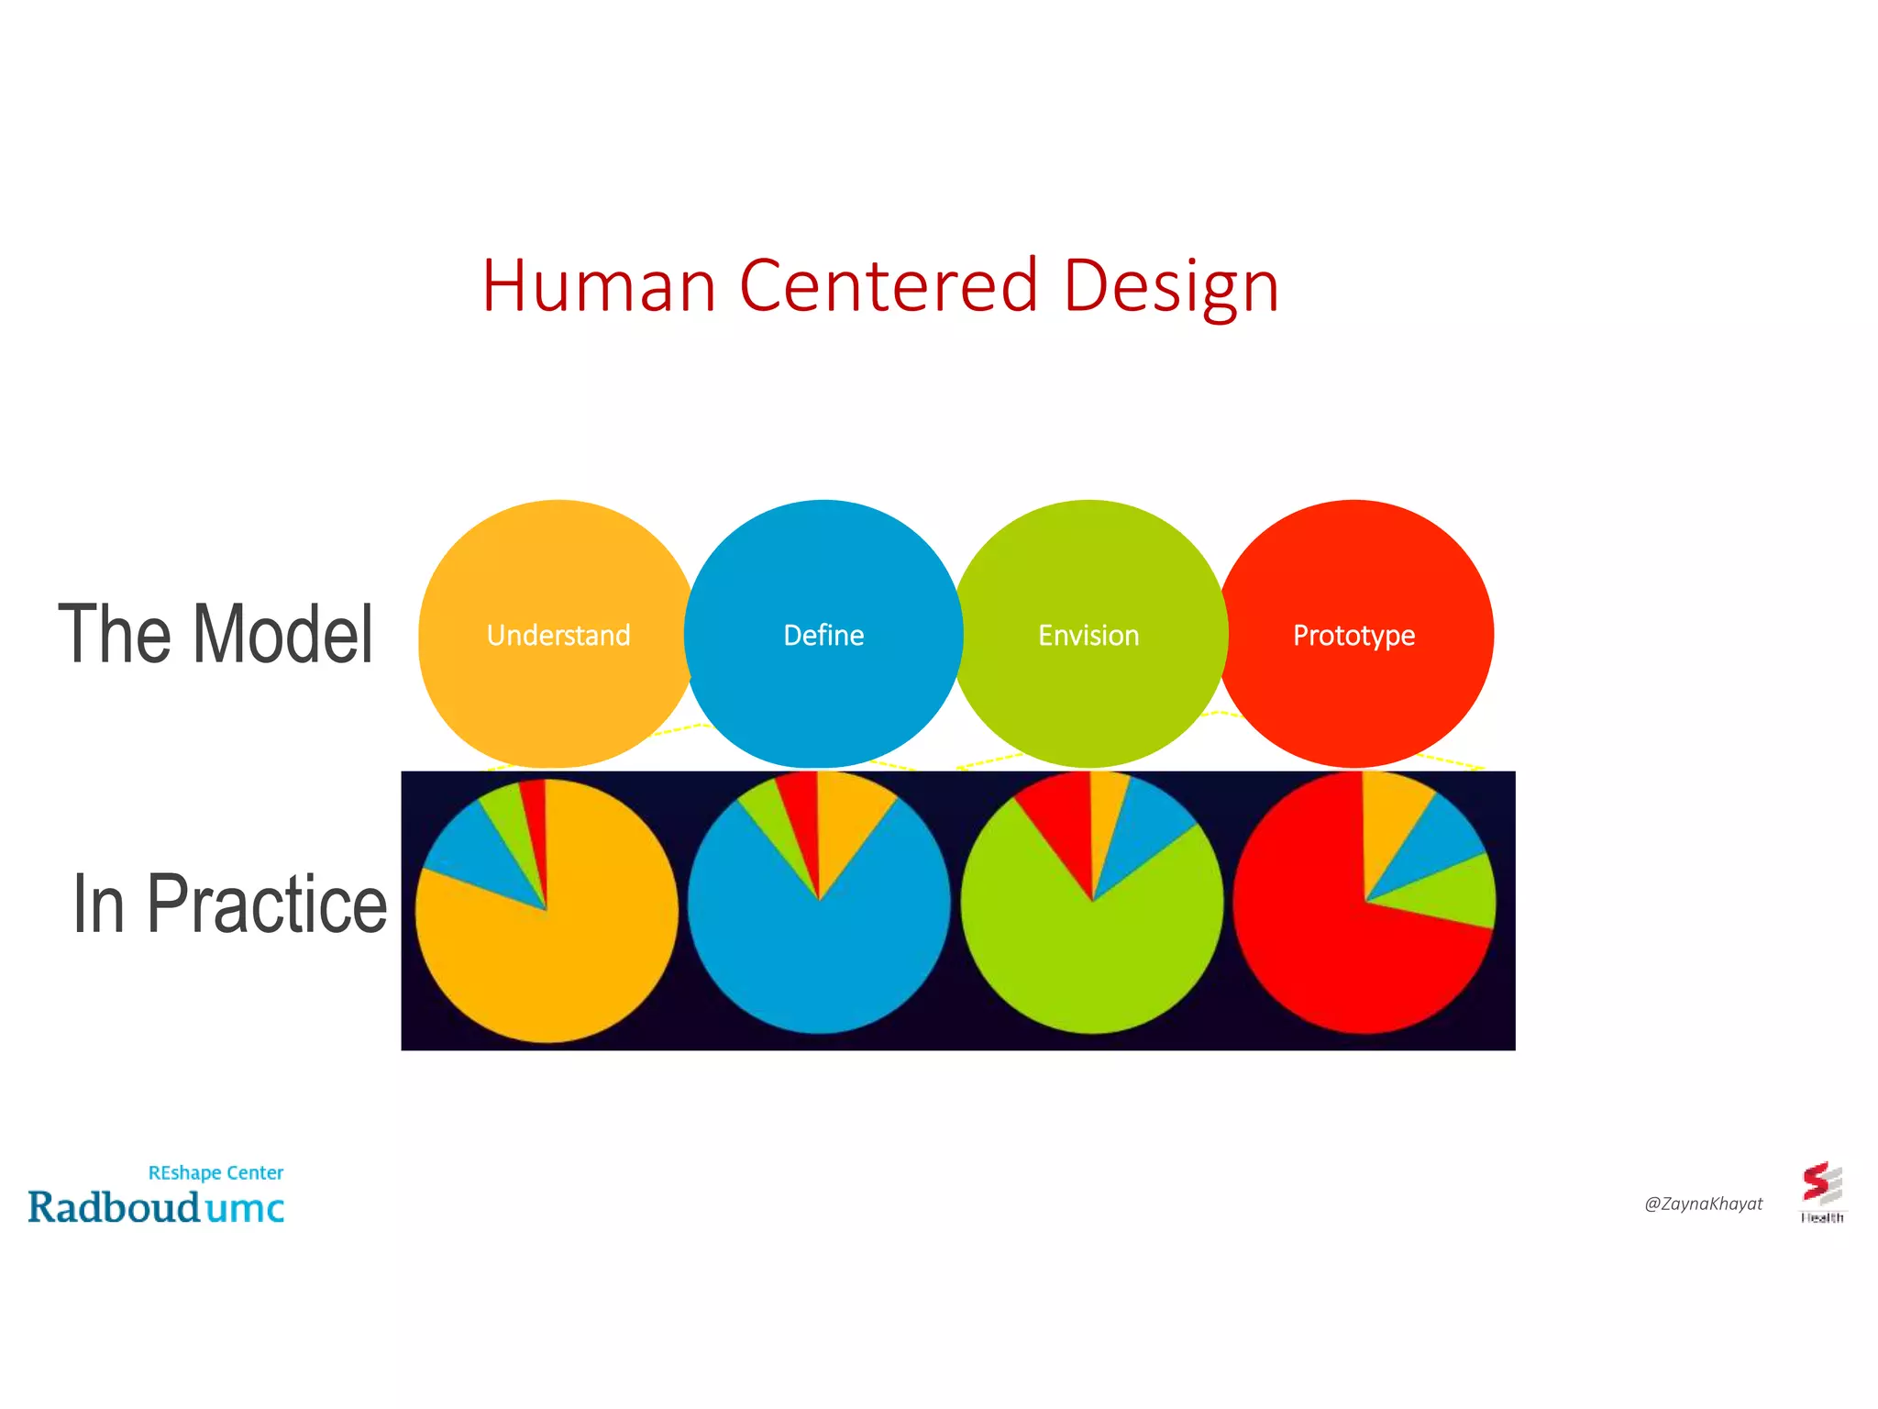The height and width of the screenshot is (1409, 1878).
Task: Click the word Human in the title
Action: [x=598, y=286]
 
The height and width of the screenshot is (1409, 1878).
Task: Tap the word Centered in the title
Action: [x=888, y=286]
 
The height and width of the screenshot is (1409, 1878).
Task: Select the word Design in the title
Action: [x=1170, y=288]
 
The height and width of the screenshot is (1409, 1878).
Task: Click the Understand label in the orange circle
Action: [x=558, y=635]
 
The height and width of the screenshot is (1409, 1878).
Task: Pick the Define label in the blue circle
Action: [x=823, y=635]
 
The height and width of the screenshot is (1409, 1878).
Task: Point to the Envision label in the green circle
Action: [x=1088, y=635]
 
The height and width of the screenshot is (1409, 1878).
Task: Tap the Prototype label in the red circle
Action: [x=1353, y=635]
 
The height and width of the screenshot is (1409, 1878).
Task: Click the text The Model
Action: [x=216, y=634]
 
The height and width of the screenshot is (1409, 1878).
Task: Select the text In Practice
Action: [x=229, y=904]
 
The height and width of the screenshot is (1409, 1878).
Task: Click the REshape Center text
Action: [x=215, y=1172]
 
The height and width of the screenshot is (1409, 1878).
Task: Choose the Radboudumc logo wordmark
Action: [x=156, y=1208]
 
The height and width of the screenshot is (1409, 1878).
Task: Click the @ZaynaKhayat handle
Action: [x=1703, y=1204]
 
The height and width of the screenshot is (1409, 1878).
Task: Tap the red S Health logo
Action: [x=1821, y=1188]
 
